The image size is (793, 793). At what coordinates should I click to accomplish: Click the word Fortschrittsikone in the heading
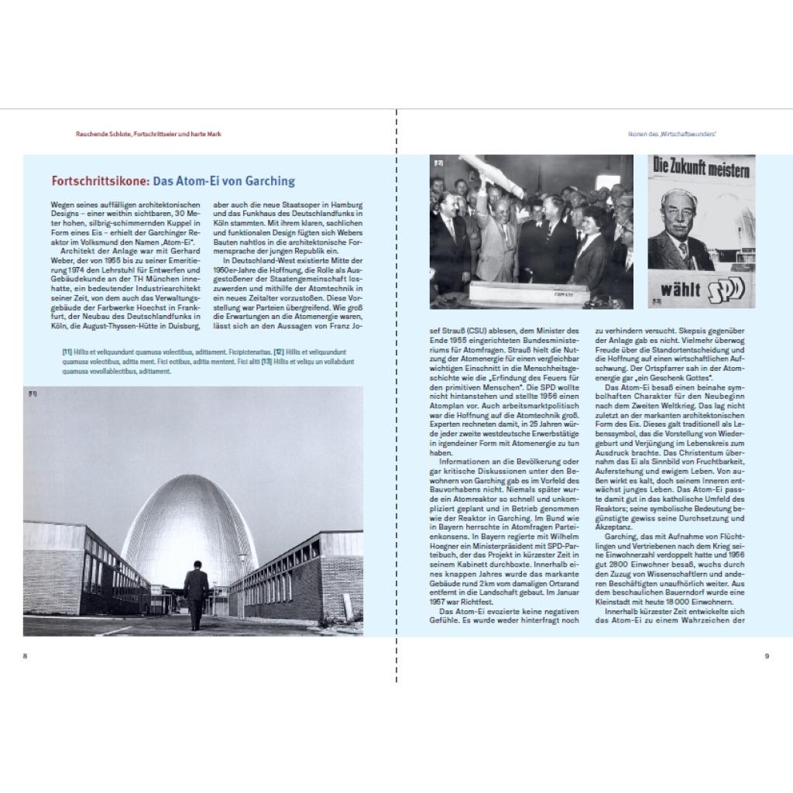100,182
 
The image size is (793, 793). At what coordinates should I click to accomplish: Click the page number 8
26,656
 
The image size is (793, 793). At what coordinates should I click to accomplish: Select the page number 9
766,656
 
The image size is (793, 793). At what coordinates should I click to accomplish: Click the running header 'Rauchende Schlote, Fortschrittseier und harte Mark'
149,134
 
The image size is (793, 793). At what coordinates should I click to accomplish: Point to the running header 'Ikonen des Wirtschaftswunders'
671,134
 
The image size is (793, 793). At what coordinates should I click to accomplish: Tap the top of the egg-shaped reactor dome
193,479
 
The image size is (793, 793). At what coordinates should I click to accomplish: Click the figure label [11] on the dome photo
33,394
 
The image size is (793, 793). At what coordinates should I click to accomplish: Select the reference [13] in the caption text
266,362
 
